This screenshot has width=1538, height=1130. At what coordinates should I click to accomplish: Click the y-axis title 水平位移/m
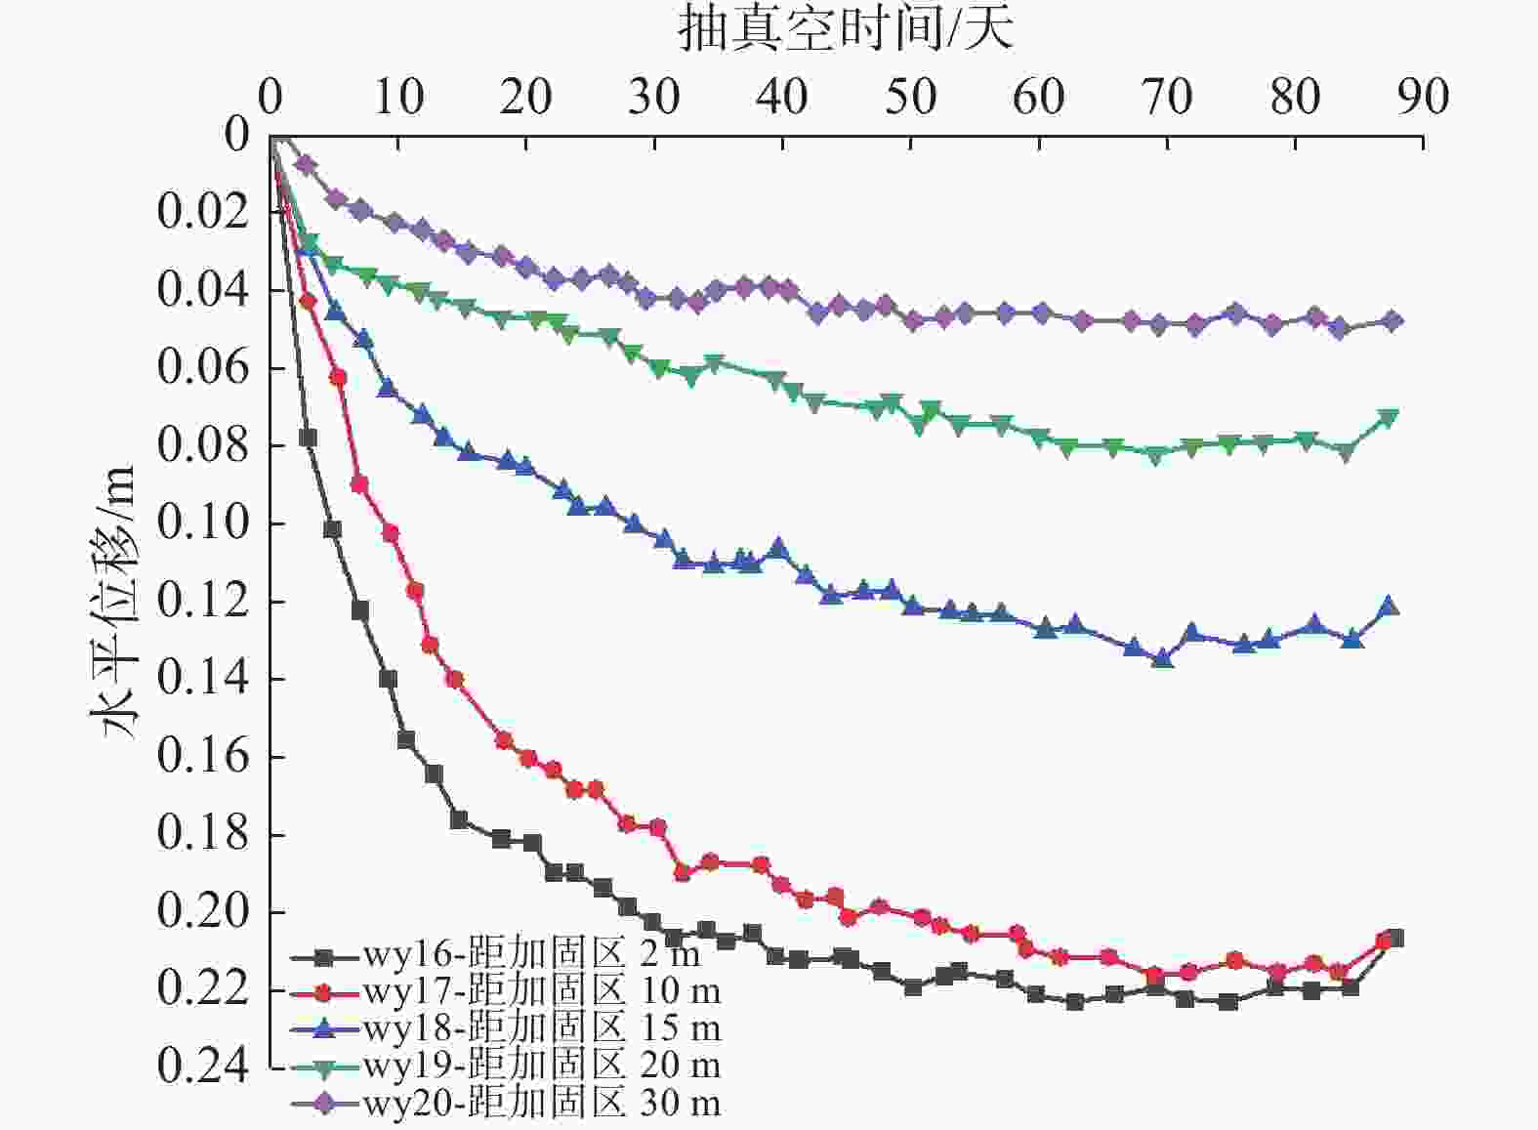tap(113, 602)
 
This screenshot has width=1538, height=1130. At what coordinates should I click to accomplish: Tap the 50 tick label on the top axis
tap(910, 97)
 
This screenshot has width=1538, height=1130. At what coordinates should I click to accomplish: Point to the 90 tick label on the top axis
tap(1422, 97)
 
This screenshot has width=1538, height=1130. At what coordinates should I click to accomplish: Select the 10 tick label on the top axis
tap(397, 97)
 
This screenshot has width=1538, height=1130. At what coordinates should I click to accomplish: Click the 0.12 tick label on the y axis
tap(203, 601)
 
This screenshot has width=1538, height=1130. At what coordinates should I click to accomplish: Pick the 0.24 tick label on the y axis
tap(203, 1067)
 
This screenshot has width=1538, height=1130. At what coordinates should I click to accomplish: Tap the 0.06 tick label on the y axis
tap(203, 367)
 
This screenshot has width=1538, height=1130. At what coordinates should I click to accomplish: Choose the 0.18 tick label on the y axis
tap(203, 834)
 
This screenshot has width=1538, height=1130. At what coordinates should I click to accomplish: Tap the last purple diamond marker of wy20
tap(1393, 321)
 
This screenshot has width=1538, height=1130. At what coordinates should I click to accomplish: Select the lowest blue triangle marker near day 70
tap(1162, 659)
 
